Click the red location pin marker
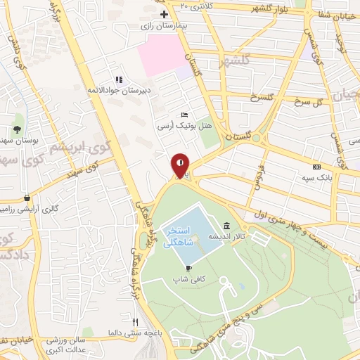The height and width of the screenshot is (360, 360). pos(181,165)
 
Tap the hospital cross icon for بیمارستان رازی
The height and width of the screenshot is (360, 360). pos(165,13)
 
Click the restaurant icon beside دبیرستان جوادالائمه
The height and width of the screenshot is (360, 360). pos(119,79)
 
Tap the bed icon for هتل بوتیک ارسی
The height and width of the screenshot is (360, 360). pos(184,114)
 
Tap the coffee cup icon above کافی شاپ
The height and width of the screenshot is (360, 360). pos(188,268)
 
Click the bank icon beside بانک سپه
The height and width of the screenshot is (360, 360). pos(316,167)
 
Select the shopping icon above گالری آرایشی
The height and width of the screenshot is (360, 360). pos(27,198)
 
